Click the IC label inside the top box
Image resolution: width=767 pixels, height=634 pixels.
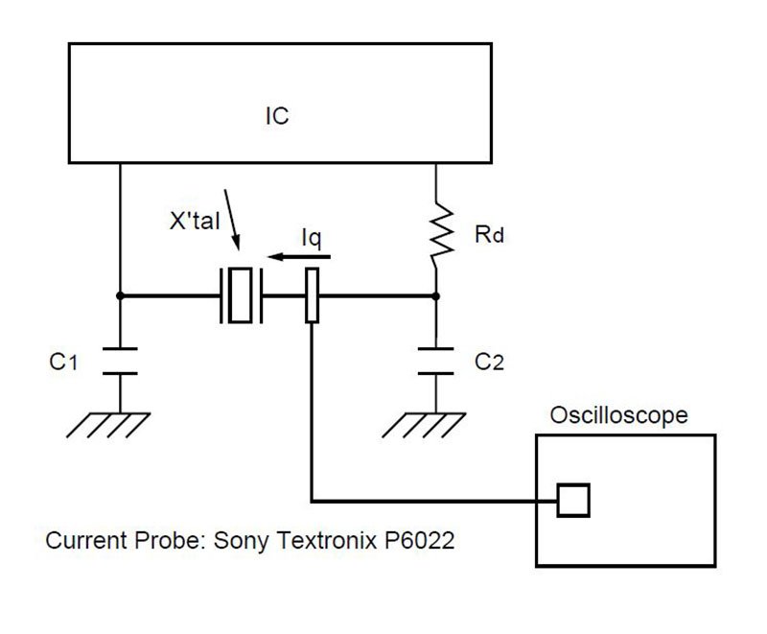click(x=276, y=117)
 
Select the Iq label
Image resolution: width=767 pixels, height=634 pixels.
click(x=312, y=234)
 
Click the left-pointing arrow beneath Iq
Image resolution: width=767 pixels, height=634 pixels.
click(x=300, y=257)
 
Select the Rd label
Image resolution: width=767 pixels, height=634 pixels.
click(x=489, y=234)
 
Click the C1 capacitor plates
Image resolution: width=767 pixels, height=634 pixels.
click(x=120, y=360)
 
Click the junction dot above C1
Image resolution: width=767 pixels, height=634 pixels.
click(x=120, y=295)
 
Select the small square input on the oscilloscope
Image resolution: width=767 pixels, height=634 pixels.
click(x=573, y=499)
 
